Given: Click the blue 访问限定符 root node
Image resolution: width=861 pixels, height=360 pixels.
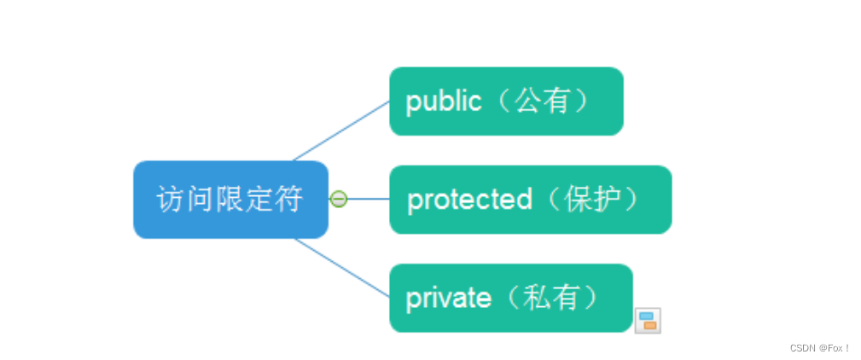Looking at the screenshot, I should pos(230,200).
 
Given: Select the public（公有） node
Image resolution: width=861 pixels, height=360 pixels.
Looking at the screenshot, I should pos(506,101).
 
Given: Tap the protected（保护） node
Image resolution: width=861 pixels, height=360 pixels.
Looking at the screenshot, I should pos(530,200).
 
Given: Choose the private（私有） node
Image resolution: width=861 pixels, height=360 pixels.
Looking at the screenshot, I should pos(510,298).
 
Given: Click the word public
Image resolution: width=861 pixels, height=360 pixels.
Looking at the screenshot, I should pos(444,102).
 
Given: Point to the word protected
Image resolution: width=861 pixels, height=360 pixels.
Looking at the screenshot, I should pos(469,200).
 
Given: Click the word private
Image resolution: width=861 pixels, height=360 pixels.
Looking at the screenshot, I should pos(448,298).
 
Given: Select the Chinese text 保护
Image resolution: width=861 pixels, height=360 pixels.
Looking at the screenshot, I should pos(588,200).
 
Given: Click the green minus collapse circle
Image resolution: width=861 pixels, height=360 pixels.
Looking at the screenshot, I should pos(339,200).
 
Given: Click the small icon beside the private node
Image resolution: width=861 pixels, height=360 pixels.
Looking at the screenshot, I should pos(648,320).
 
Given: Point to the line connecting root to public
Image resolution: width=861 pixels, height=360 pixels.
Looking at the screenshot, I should pos(341,131).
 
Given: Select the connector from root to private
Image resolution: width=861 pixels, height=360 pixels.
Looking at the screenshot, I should pos(341,267).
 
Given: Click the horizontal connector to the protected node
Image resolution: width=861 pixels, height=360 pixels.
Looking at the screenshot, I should pos(369,200).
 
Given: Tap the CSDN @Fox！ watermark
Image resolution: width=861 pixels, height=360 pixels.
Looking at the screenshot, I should pos(819,348).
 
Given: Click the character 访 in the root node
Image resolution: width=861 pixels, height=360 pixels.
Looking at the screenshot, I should pos(171,200).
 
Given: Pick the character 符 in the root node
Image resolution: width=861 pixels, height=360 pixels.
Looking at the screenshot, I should pos(290,200).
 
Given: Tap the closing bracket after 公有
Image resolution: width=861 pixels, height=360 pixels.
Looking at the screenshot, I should pos(580,102).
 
